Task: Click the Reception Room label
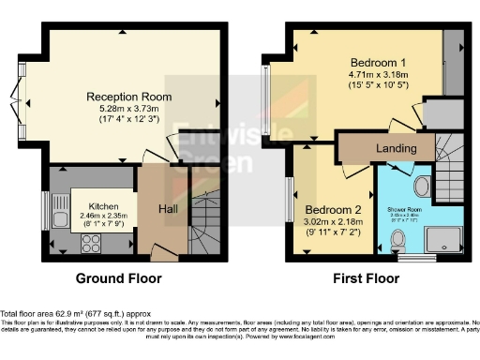coord(127,97)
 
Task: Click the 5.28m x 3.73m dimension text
coord(127,109)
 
